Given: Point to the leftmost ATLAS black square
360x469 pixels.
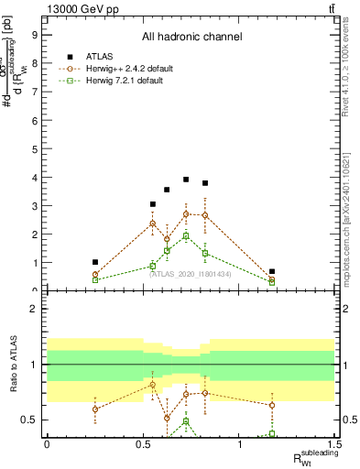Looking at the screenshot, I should point(95,262).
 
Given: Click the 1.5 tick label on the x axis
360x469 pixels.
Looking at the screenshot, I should point(335,444).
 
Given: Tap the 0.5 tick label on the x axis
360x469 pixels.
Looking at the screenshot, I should point(143,444).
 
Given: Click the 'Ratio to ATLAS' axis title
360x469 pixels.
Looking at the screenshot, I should point(13,365).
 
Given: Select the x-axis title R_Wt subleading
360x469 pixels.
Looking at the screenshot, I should point(314,457).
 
